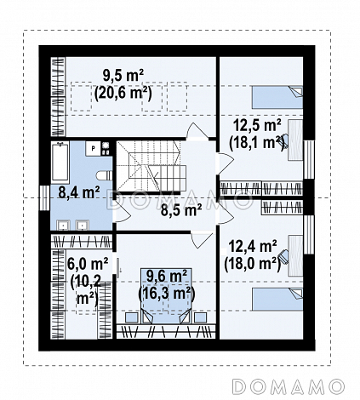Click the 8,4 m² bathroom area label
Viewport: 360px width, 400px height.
(78, 191)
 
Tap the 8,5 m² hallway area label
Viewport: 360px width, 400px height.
(181, 210)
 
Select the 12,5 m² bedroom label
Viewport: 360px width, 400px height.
(257, 125)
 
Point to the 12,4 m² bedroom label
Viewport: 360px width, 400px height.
(253, 246)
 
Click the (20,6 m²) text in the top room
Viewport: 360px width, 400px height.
(123, 93)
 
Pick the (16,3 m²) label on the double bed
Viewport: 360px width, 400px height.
(167, 293)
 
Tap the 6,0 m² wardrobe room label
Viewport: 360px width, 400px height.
(88, 264)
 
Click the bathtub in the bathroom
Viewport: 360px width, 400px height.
(60, 162)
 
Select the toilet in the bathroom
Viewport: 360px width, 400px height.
(104, 176)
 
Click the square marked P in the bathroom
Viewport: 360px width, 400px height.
(94, 148)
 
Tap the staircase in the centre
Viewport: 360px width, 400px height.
(151, 166)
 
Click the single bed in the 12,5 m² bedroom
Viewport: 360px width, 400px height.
(277, 97)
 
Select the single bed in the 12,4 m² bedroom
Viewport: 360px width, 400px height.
(277, 300)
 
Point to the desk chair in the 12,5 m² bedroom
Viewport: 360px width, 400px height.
(283, 141)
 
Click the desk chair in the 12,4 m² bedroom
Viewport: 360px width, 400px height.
(283, 256)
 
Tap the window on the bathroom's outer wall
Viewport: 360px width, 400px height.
(44, 197)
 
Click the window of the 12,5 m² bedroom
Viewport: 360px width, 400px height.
(309, 159)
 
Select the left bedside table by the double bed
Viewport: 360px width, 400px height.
(132, 317)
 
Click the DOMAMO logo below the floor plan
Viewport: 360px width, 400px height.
(288, 386)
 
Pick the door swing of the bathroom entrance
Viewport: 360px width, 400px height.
(123, 213)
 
